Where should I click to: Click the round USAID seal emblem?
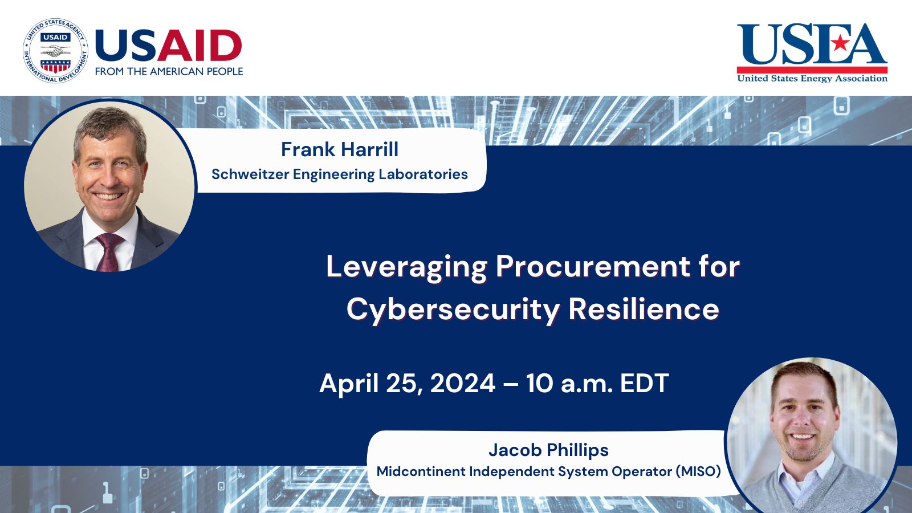click(x=55, y=51)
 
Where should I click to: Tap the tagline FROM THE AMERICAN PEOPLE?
click(x=169, y=71)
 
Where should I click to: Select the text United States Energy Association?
click(x=812, y=78)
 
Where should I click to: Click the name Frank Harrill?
click(x=340, y=149)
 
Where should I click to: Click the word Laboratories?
click(x=423, y=174)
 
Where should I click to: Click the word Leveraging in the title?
click(x=406, y=267)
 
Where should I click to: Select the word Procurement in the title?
click(x=593, y=267)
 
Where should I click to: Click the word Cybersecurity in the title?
click(x=453, y=310)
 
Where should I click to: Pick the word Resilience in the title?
click(x=644, y=310)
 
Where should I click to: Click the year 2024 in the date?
click(x=462, y=383)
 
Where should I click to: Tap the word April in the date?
click(x=349, y=384)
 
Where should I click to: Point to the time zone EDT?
click(x=644, y=383)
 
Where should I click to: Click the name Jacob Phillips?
click(x=548, y=450)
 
